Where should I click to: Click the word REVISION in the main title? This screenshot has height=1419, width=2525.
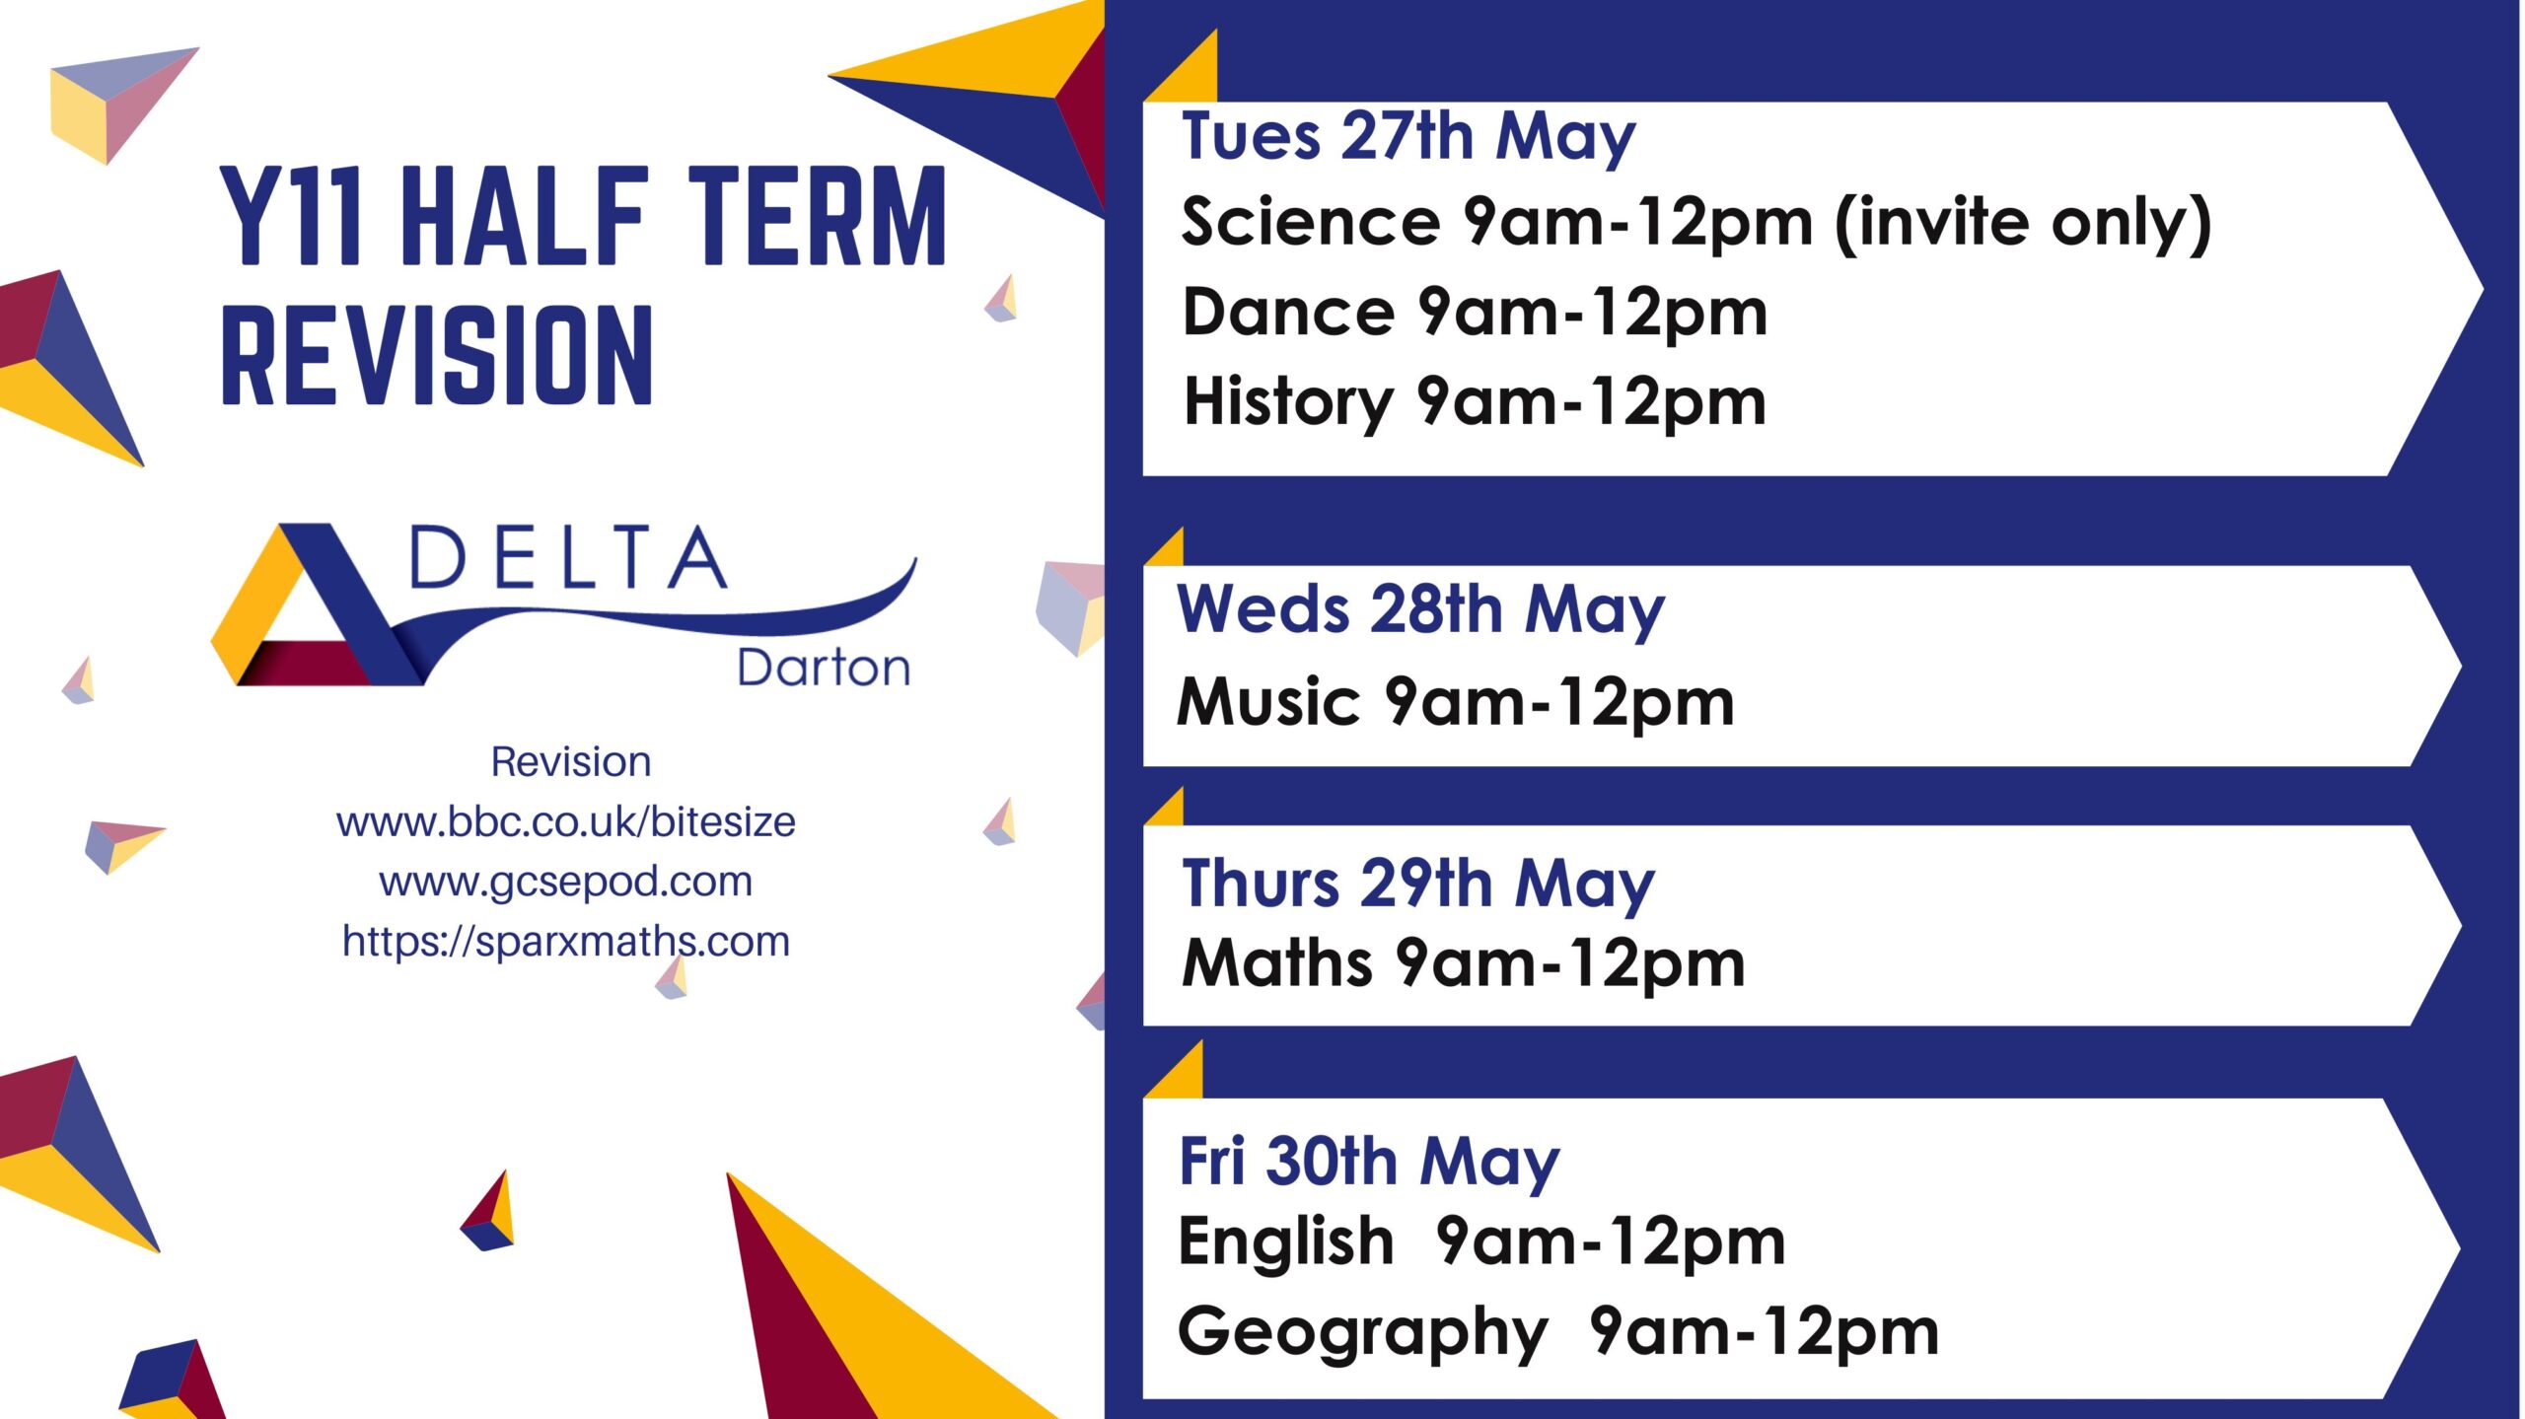tap(437, 355)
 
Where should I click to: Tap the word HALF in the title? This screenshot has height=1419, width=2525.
tap(524, 216)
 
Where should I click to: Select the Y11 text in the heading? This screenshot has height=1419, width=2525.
tap(292, 216)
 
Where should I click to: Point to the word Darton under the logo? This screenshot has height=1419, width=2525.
tap(824, 669)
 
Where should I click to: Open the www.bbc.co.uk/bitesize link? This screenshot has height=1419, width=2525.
tap(565, 822)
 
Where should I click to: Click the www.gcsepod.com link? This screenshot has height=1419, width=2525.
tap(565, 882)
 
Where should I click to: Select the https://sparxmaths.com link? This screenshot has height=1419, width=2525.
tap(565, 942)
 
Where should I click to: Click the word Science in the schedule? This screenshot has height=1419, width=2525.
tap(1311, 222)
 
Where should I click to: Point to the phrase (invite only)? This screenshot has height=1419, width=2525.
tap(2023, 223)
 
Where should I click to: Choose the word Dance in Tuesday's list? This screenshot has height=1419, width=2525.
tap(1288, 313)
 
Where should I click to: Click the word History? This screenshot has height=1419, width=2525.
tap(1288, 402)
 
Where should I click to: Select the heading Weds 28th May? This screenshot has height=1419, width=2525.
tap(1420, 609)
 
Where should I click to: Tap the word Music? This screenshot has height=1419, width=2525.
tap(1268, 702)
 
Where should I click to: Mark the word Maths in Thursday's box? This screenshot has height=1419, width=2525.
tap(1276, 963)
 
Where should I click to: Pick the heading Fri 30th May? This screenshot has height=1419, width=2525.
tap(1369, 1162)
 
